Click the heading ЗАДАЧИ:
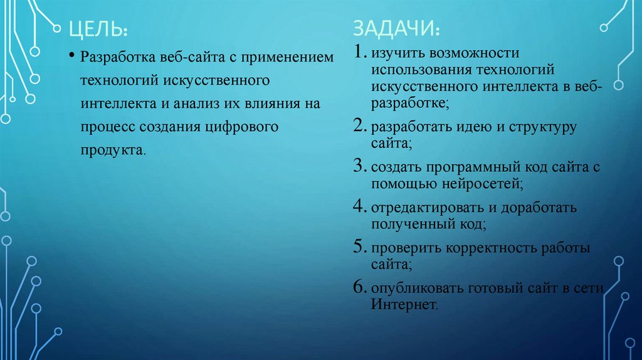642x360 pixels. (x=396, y=29)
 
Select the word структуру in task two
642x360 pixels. (x=545, y=128)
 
